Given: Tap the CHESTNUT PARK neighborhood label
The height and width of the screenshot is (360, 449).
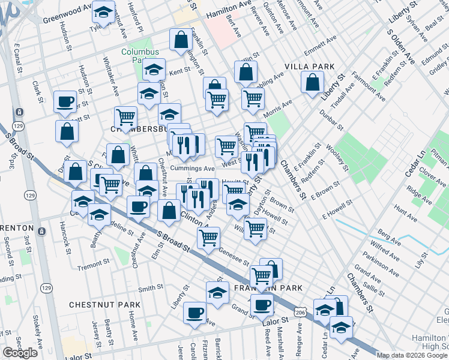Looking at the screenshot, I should tap(104, 305).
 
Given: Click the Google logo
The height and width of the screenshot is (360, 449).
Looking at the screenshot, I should tap(20, 353).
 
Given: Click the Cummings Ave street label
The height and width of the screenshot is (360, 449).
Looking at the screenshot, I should tap(191, 169).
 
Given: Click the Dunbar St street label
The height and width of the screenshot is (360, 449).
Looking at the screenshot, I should tap(331, 119).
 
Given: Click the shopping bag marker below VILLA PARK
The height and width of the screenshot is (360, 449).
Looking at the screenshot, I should tap(312, 83).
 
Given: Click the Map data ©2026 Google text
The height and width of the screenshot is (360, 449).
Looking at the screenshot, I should tap(412, 355).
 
